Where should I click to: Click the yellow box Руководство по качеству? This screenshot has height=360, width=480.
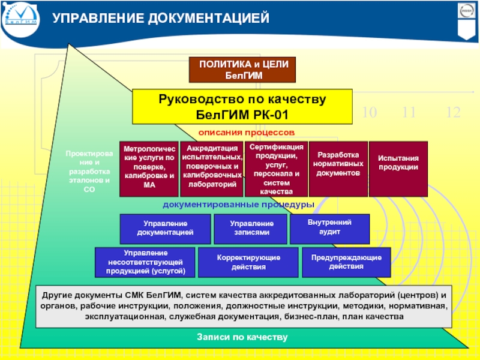click(242, 106)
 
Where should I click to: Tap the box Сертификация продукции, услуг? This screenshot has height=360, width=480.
click(277, 169)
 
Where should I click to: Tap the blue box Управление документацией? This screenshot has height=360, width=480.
click(165, 227)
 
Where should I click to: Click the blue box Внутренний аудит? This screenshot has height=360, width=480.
click(329, 227)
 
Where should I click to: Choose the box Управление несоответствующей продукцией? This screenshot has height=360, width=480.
click(145, 262)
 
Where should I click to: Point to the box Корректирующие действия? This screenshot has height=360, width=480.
click(248, 262)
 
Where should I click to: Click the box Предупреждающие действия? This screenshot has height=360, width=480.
click(346, 262)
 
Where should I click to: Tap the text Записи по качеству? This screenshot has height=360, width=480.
click(242, 338)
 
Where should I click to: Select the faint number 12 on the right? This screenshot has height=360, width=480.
click(454, 112)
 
